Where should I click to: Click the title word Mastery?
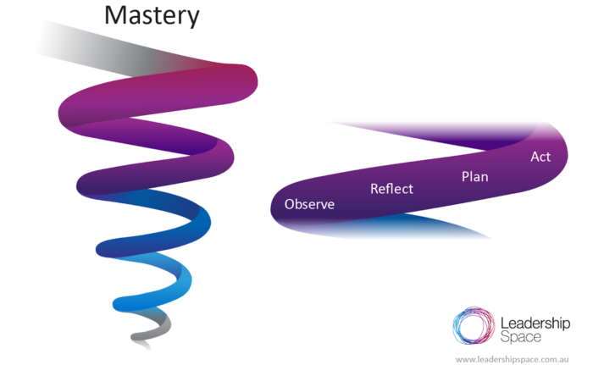tap(152, 16)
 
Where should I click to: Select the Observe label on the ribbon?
tap(309, 204)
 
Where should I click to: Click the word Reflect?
tap(391, 188)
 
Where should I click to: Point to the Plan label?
tap(474, 176)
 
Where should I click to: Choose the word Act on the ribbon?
tap(540, 157)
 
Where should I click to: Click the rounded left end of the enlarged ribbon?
tap(280, 203)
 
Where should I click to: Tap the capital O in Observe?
tap(290, 204)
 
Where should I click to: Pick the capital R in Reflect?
tap(374, 188)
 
